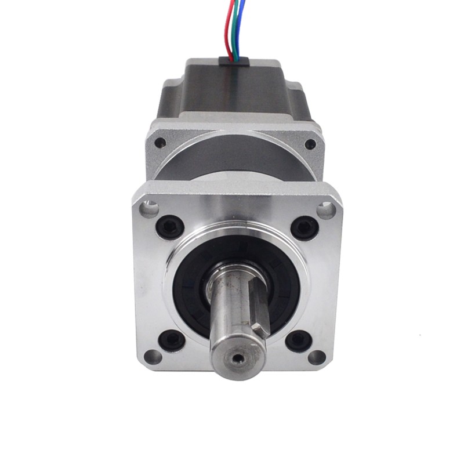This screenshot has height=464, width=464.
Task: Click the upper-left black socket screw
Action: [x=170, y=226]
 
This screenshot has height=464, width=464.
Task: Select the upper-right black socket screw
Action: [x=303, y=226]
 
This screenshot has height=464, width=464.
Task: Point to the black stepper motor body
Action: [x=232, y=87]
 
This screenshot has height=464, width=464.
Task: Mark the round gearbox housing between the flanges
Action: [x=232, y=157]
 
